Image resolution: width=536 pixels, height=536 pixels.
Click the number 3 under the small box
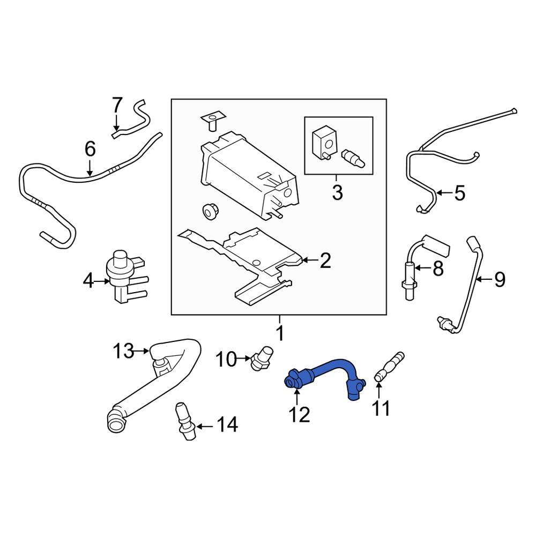[x=337, y=192]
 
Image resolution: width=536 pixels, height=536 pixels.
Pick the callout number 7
[x=117, y=105]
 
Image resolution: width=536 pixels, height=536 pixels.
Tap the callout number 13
[x=123, y=352]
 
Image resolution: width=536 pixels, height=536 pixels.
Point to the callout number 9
[x=499, y=279]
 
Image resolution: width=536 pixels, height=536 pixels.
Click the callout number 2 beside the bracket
[x=325, y=261]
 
